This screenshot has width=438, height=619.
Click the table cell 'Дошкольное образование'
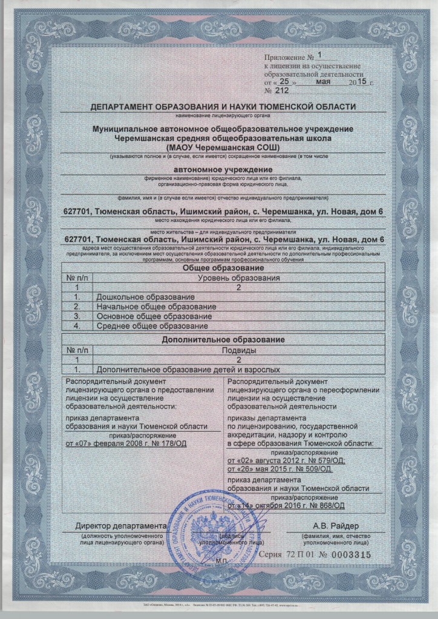(x=145, y=297)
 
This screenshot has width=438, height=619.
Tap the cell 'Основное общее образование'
(x=152, y=316)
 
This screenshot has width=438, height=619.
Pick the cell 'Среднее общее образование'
(x=148, y=326)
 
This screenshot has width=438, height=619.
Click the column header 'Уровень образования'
(x=239, y=278)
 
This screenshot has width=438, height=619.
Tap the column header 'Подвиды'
(x=239, y=350)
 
